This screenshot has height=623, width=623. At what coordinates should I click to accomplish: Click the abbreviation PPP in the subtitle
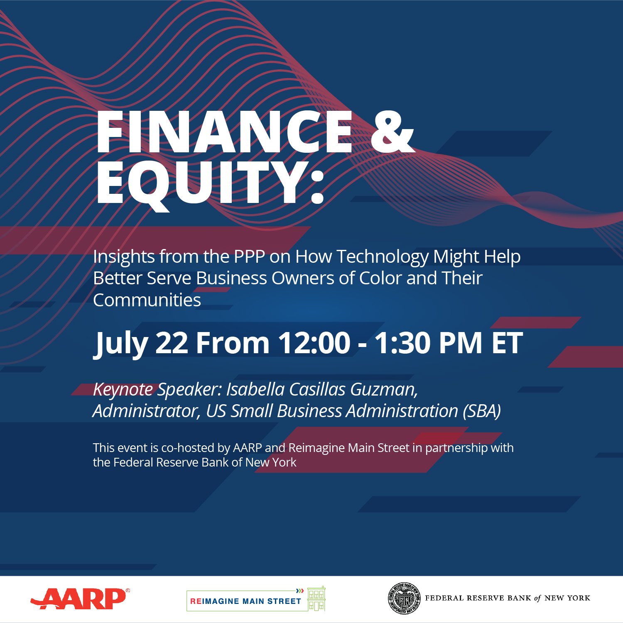[249, 257]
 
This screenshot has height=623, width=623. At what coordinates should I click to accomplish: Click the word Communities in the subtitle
[147, 300]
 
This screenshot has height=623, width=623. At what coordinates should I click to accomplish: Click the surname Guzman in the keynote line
[384, 390]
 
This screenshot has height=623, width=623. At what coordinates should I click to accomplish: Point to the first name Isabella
[255, 389]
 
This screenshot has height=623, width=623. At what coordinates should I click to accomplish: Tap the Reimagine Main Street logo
[256, 599]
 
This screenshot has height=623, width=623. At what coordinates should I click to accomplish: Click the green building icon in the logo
[316, 599]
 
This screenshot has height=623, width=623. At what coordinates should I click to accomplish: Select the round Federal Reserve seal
[404, 598]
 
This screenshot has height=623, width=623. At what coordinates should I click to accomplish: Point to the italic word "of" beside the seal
[538, 598]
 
